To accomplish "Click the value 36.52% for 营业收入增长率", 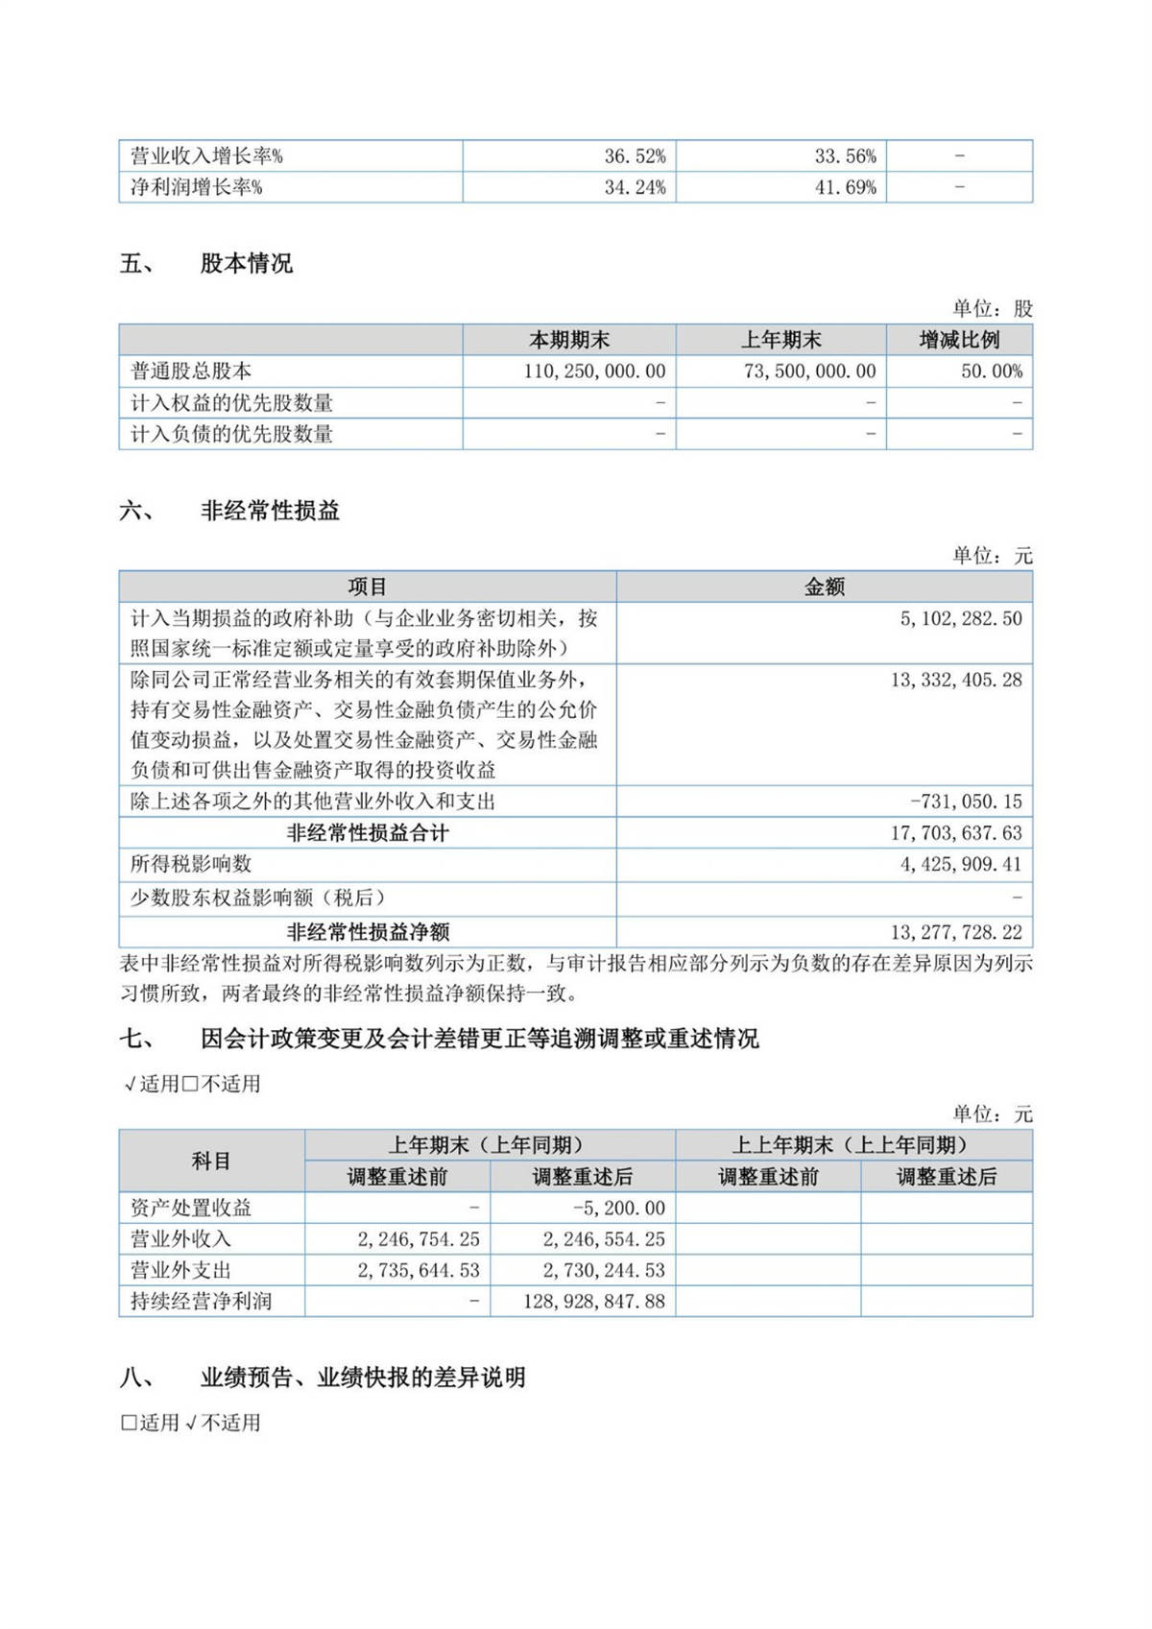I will point(635,156).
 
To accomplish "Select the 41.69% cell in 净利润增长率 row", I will point(845,187).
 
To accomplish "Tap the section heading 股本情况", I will point(247,264).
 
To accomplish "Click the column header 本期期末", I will point(569,340).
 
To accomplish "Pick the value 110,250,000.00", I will point(594,371).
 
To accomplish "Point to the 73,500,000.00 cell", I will point(809,371).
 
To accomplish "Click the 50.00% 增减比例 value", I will point(991,371).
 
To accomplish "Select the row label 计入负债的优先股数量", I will point(231,434).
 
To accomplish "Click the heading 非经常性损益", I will point(270,511).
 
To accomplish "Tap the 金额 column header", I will point(824,587).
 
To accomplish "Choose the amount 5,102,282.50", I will point(960,619).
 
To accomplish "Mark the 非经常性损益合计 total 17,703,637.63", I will point(955,833).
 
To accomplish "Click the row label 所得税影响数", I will point(191,864).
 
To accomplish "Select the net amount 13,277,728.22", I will point(955,932).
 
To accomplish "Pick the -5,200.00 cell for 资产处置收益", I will point(618,1208).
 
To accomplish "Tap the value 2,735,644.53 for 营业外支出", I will point(419,1270).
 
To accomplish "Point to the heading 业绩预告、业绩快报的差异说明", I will point(363,1377).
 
